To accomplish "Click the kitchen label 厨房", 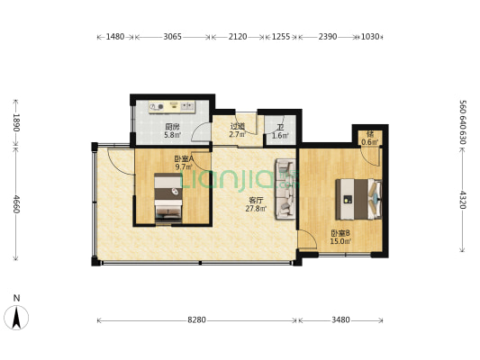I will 171,127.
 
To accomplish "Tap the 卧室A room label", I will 185,158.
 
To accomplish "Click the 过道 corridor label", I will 238,127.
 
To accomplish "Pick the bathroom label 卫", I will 280,127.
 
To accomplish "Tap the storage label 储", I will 369,133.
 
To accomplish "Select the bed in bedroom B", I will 358,198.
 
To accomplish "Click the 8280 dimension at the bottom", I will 197,319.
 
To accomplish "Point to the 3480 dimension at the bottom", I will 342,319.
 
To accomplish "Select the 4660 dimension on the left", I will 14,205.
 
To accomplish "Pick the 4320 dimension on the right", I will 463,200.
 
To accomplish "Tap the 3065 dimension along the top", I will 173,38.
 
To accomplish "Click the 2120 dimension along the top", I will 238,38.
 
